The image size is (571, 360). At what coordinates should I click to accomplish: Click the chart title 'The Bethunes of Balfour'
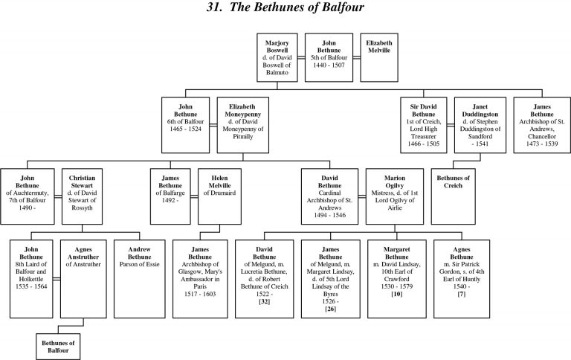(x=285, y=10)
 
